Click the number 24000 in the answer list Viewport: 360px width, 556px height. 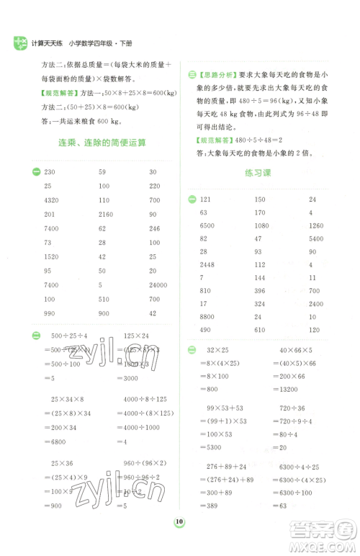[158, 284]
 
